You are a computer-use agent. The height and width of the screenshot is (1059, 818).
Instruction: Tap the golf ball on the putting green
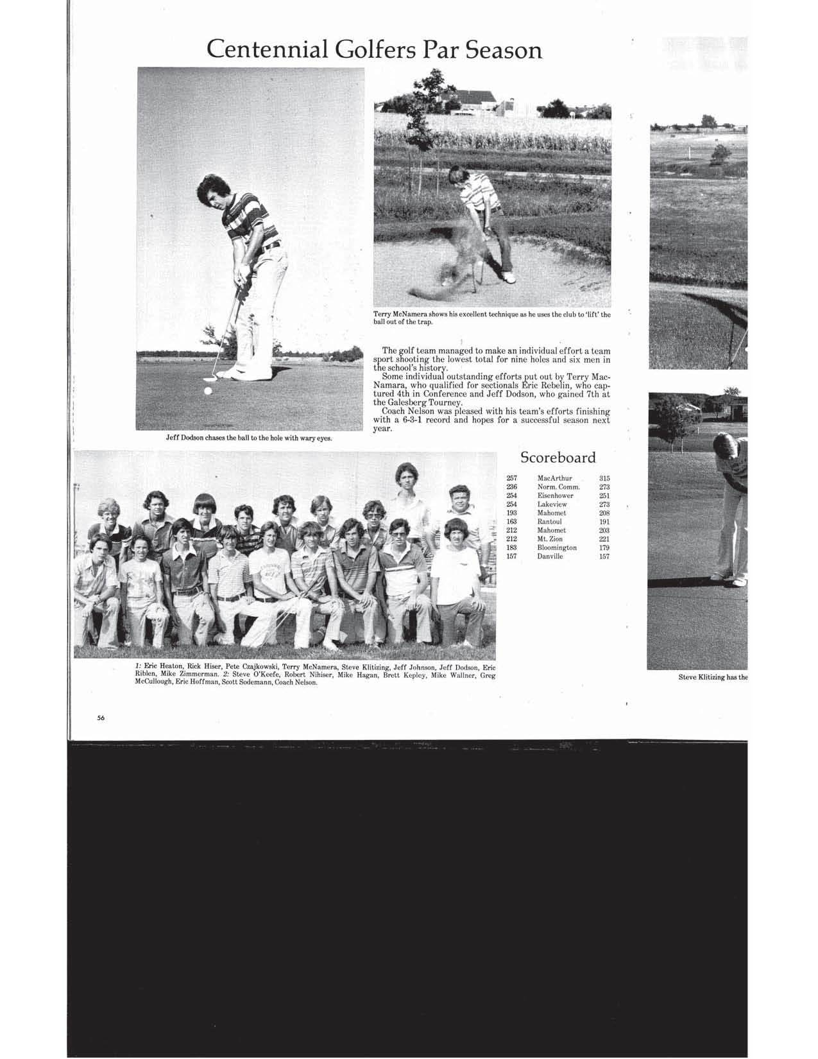pyautogui.click(x=207, y=390)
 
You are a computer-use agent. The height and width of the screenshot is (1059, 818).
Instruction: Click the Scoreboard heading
pyautogui.click(x=558, y=458)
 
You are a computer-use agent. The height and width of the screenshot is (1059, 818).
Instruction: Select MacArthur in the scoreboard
pyautogui.click(x=554, y=478)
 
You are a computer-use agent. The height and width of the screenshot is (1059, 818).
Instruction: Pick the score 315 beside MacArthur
pyautogui.click(x=604, y=478)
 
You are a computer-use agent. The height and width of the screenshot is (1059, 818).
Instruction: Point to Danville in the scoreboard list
pyautogui.click(x=550, y=556)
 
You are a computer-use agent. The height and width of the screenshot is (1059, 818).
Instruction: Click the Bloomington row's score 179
pyautogui.click(x=604, y=547)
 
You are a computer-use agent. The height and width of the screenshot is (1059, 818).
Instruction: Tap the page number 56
pyautogui.click(x=101, y=718)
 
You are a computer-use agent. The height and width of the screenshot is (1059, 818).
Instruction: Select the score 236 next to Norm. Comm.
pyautogui.click(x=511, y=486)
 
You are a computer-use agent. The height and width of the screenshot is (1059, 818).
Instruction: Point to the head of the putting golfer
pyautogui.click(x=214, y=190)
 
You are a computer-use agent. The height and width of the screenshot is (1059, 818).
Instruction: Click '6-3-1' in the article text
pyautogui.click(x=423, y=420)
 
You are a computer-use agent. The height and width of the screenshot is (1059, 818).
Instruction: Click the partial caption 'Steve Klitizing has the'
pyautogui.click(x=713, y=676)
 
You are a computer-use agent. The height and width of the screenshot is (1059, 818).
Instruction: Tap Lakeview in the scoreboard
pyautogui.click(x=552, y=504)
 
